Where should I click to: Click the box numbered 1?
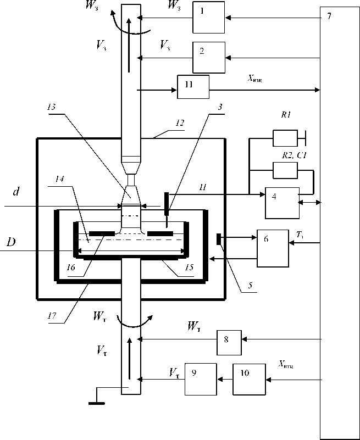[x=208, y=18]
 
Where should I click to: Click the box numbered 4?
[x=281, y=203]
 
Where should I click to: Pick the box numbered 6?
[x=273, y=248]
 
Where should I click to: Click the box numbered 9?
[x=201, y=379]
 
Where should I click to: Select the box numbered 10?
[x=249, y=379]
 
